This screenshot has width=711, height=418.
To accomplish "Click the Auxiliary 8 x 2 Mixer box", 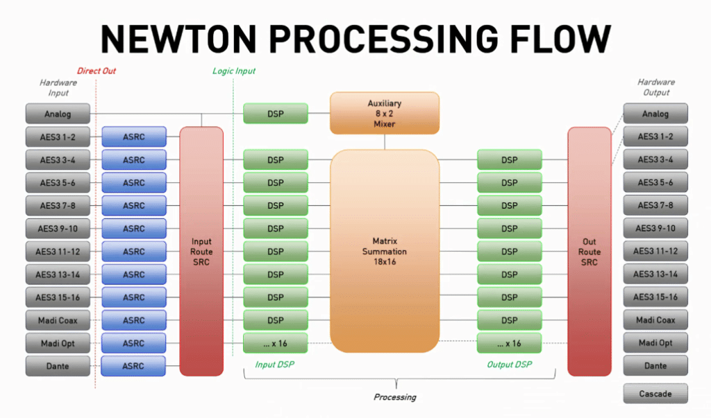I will [385, 114].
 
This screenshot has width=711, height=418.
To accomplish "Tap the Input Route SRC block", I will [201, 251].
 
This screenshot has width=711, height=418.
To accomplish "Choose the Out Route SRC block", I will [589, 251].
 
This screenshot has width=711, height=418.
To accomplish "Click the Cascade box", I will [655, 394].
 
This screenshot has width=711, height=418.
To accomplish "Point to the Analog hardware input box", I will [58, 114].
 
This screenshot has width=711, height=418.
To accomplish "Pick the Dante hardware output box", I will [655, 365].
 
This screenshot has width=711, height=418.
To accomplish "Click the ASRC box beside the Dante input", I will [134, 365].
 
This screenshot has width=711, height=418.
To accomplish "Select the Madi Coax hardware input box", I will [58, 320].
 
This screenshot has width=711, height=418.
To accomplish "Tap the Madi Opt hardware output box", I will [655, 342].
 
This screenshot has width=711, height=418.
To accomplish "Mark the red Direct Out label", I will [97, 71].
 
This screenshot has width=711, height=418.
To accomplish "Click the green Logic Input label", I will [234, 71].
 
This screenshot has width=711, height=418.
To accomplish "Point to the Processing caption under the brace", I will [395, 397].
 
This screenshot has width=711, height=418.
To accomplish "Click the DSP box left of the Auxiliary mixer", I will [276, 114].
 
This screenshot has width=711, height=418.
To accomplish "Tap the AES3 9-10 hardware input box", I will [58, 228].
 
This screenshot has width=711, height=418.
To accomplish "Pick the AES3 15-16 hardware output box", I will [655, 297].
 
